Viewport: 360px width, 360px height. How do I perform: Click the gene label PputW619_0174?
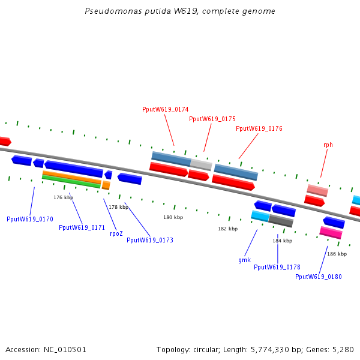pyautogui.click(x=165, y=109)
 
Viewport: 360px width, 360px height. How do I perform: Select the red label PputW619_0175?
pyautogui.click(x=212, y=119)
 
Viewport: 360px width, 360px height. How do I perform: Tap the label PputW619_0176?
pyautogui.click(x=259, y=128)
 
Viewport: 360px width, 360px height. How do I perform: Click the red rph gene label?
pyautogui.click(x=328, y=145)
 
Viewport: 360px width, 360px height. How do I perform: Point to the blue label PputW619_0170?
pyautogui.click(x=30, y=219)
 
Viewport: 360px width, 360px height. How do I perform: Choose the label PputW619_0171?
pyautogui.click(x=82, y=227)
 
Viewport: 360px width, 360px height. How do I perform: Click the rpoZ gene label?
pyautogui.click(x=116, y=233)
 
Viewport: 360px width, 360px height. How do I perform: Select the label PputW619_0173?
pyautogui.click(x=150, y=240)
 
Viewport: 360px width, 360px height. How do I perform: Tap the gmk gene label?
pyautogui.click(x=244, y=260)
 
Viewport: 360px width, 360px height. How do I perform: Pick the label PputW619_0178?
pyautogui.click(x=277, y=267)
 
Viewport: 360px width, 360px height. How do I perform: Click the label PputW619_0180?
pyautogui.click(x=319, y=277)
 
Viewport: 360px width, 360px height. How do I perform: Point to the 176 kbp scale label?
pyautogui.click(x=63, y=197)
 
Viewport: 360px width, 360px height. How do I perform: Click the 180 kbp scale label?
pyautogui.click(x=173, y=217)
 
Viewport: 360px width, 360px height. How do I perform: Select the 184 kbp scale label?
pyautogui.click(x=282, y=241)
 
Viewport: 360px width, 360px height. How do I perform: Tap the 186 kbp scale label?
pyautogui.click(x=337, y=254)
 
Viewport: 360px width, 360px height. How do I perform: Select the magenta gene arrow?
pyautogui.click(x=331, y=232)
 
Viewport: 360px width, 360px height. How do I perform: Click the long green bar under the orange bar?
pyautogui.click(x=71, y=182)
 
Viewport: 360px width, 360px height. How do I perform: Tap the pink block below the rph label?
pyautogui.click(x=317, y=190)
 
